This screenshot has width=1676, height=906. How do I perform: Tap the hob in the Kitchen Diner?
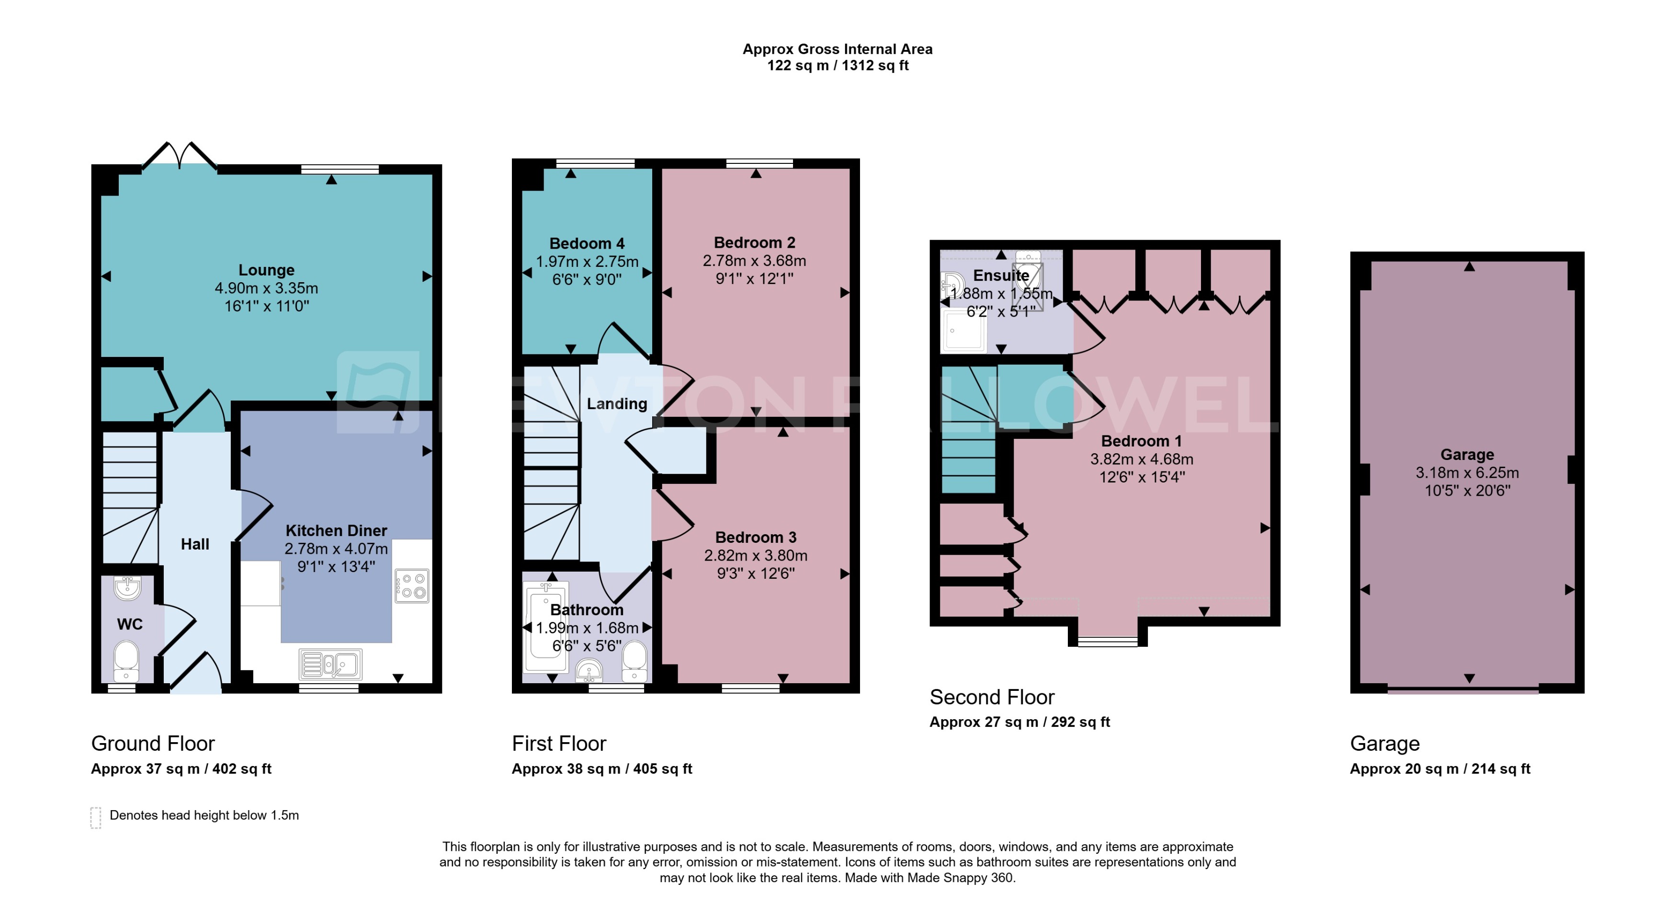pos(412,585)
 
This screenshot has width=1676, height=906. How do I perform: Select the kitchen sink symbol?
pos(330,665)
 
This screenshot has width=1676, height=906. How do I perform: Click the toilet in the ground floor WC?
pos(126,657)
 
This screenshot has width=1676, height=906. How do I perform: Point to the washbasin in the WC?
pos(127,588)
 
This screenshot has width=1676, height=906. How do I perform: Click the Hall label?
pos(194,544)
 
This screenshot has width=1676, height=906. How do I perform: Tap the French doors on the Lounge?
pos(180,156)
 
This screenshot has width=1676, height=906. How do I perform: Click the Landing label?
pos(617,403)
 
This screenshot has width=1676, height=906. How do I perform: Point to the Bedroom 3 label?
pos(755,538)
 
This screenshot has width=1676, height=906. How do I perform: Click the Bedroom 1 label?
pos(1141,441)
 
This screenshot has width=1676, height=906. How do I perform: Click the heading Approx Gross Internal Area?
pos(838,49)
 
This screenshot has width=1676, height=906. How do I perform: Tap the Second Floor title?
pos(992,697)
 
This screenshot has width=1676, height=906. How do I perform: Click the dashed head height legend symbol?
pos(96,817)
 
